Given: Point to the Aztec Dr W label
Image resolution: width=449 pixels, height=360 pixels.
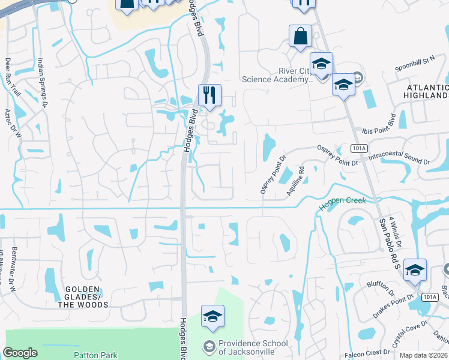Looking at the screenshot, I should coord(13,122).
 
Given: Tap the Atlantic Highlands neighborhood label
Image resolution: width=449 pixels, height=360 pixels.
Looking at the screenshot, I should coord(426,91).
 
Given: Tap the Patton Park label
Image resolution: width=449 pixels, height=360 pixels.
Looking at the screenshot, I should coord(95,355).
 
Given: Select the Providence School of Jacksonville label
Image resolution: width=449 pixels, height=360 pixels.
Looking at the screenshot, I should coord(246,347).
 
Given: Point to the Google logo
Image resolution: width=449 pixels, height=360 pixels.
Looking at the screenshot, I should coord(20,353).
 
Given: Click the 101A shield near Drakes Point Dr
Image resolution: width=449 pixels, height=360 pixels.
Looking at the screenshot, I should coord(429,297).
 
